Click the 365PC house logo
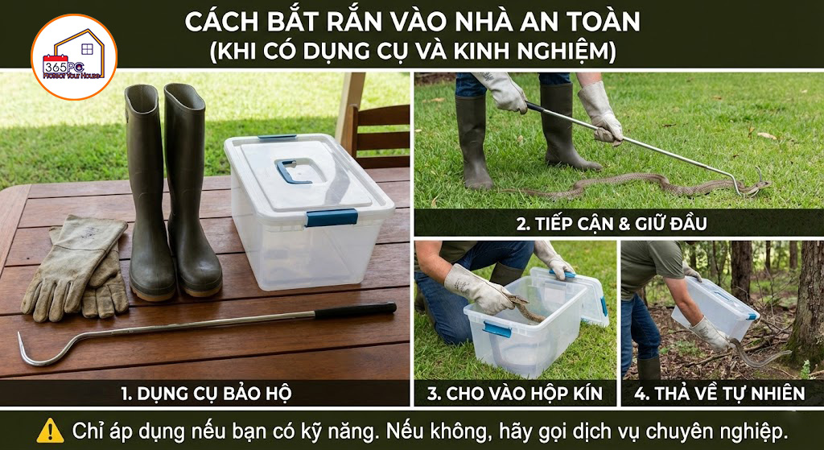pos(73,57)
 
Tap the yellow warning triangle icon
pos(51,431)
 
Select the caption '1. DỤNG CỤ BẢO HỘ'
pos(206,393)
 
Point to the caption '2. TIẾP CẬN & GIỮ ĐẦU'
pos(612,224)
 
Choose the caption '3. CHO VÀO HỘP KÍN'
pos(514,393)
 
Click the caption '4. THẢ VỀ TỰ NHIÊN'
pos(719,393)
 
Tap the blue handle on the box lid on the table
pos(294,171)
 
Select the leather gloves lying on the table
pos(76,268)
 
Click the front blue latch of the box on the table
pos(332,217)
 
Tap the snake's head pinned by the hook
pos(760,186)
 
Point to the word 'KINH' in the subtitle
pos(483,52)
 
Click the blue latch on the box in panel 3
pos(497,329)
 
